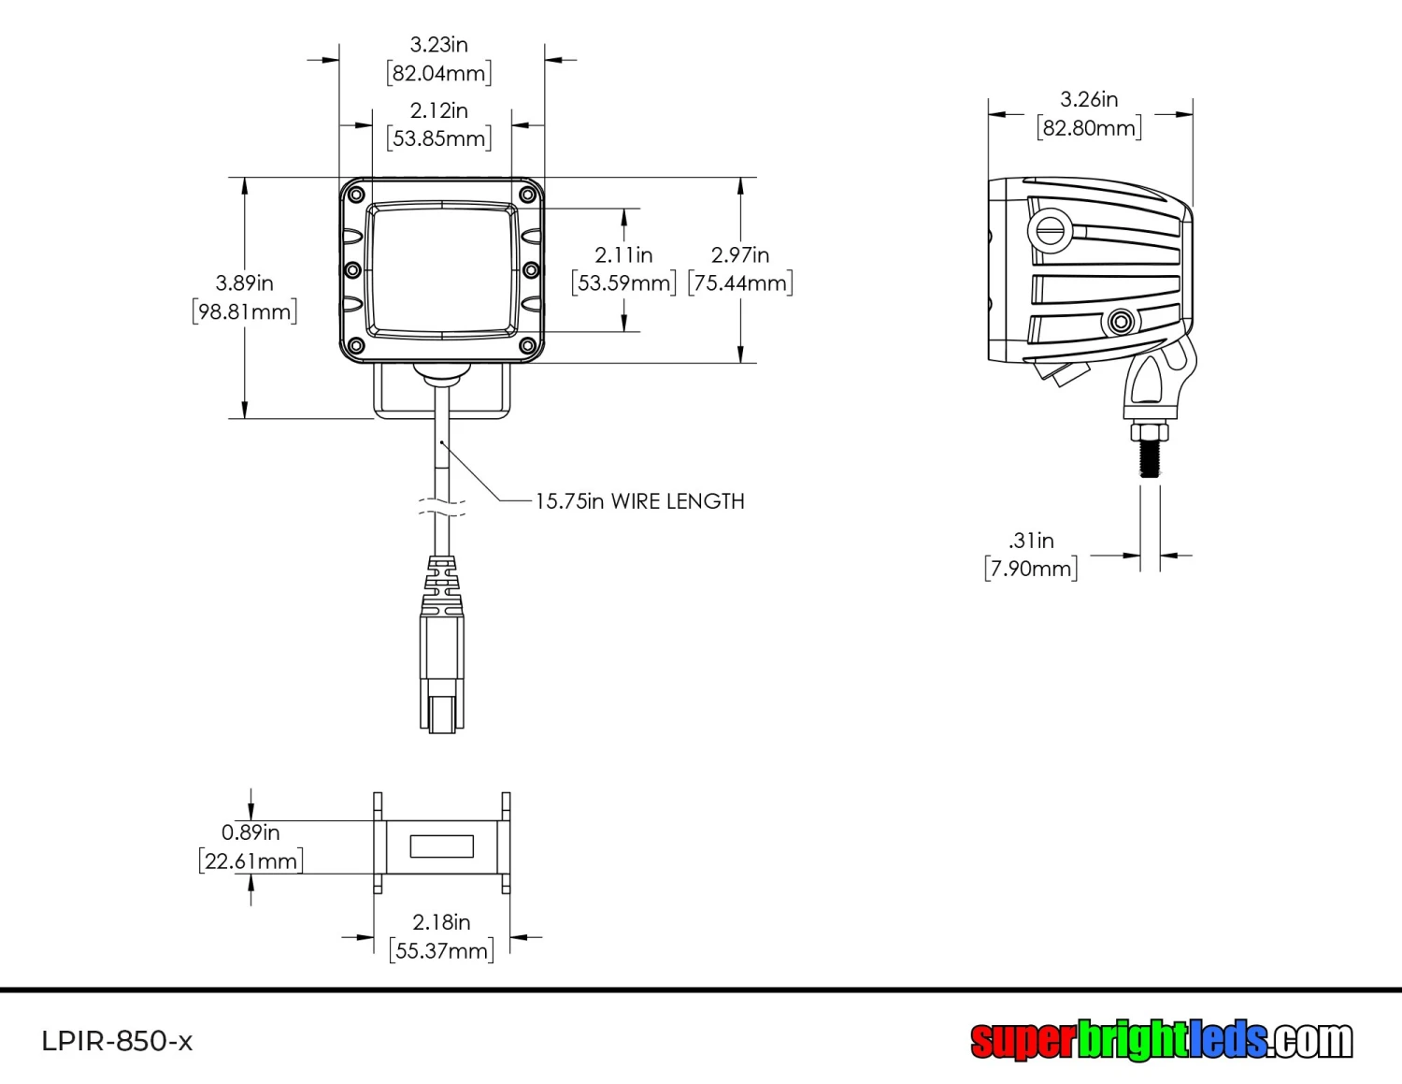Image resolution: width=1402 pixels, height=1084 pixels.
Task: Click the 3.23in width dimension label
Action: pyautogui.click(x=438, y=45)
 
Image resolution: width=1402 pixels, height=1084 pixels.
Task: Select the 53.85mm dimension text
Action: pyautogui.click(x=438, y=139)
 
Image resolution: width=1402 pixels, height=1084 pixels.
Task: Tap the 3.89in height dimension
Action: pyautogui.click(x=244, y=283)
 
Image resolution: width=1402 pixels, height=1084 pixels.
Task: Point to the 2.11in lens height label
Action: pyautogui.click(x=623, y=255)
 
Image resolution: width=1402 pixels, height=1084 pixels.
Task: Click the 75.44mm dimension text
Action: pyautogui.click(x=740, y=283)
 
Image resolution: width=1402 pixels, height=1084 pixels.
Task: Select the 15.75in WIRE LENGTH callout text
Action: pyautogui.click(x=639, y=501)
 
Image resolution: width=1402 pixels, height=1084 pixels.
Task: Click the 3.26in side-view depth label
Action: pyautogui.click(x=1089, y=100)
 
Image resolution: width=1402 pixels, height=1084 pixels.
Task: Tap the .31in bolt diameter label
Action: pyautogui.click(x=1031, y=541)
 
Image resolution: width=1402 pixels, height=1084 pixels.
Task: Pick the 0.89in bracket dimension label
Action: pyautogui.click(x=250, y=832)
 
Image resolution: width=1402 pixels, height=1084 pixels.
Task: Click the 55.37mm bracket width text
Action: pyautogui.click(x=441, y=951)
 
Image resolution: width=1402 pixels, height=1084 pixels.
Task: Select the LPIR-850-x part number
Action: pyautogui.click(x=117, y=1041)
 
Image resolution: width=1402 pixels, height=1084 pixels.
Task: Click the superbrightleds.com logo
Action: pyautogui.click(x=1161, y=1039)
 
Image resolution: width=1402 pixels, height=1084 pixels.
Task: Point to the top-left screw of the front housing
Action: pyautogui.click(x=355, y=195)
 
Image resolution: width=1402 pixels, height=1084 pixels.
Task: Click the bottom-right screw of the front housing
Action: pyautogui.click(x=527, y=347)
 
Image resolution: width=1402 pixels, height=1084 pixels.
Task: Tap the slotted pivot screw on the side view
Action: pyautogui.click(x=1050, y=230)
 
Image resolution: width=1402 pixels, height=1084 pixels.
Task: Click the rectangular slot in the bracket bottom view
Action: pyautogui.click(x=442, y=846)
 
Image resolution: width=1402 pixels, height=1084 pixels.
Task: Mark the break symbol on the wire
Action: pyautogui.click(x=442, y=509)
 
